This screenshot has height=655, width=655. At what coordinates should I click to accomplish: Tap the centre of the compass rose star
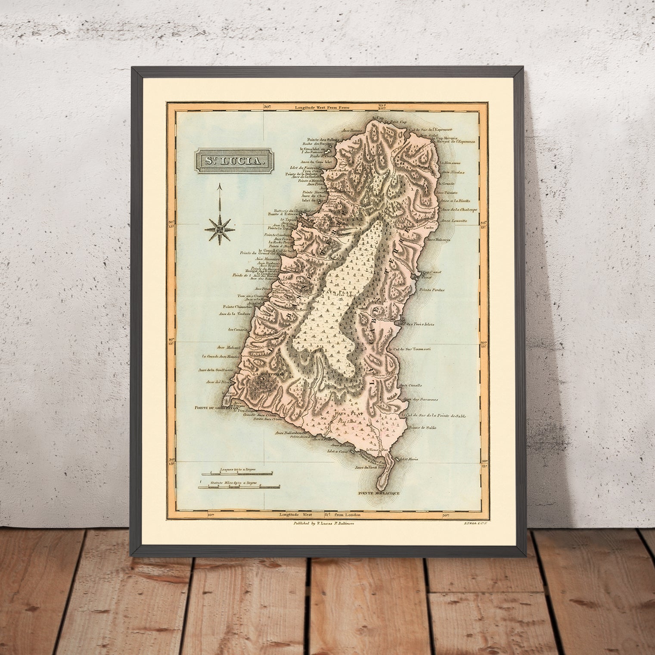(220, 228)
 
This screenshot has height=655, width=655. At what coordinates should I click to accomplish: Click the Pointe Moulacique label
(379, 492)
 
